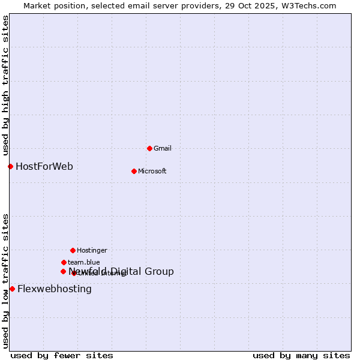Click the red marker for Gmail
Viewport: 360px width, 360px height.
149,148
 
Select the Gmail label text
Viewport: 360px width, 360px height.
163,148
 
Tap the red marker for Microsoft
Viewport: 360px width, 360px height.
134,171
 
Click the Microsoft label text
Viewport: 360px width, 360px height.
152,171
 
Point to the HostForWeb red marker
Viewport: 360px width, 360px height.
10,166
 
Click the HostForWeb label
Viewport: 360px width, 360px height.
44,166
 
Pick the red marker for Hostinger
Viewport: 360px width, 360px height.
73,250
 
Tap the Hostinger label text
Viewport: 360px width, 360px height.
92,250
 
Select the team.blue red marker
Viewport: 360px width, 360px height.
64,262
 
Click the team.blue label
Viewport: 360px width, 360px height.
83,262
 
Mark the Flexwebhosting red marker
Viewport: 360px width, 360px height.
12,289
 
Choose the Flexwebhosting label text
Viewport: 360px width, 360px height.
55,289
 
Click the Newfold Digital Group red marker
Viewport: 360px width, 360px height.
63,271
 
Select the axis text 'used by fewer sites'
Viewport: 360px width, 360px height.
62,355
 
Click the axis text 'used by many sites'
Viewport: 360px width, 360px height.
301,355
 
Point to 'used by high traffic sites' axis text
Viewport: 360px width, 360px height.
5,86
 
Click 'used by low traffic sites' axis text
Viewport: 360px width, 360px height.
5,281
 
